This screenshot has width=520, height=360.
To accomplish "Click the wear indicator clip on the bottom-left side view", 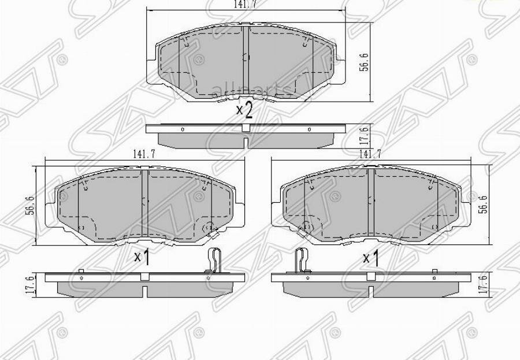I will coord(214,259).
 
